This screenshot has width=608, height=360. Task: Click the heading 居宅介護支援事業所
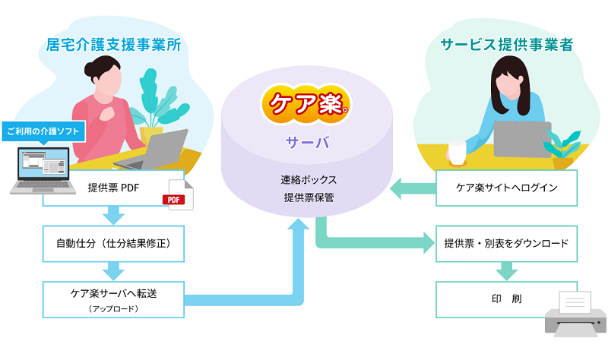[x=113, y=45]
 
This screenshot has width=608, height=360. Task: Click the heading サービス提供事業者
[x=507, y=45]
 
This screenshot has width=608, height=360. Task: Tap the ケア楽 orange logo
[x=306, y=104]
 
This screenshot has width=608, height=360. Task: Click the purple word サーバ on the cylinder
[x=307, y=143]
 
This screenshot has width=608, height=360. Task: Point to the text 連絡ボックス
[x=309, y=180]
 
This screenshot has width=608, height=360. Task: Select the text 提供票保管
[x=309, y=197]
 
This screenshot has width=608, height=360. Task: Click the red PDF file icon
[x=179, y=195]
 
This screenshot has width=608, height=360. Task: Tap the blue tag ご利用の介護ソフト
[x=43, y=131]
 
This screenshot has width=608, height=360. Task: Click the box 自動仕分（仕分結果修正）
[x=113, y=244]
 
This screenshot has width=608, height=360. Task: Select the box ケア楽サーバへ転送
[x=113, y=299]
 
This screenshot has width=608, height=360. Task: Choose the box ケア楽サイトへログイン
[x=506, y=188]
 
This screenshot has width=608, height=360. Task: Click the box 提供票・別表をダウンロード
[x=506, y=244]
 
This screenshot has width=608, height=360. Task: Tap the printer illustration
[x=575, y=314]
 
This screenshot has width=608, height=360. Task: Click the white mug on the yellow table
[x=458, y=153]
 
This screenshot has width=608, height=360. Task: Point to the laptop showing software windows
[x=43, y=170]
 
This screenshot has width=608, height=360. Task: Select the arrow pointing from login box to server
[x=413, y=188]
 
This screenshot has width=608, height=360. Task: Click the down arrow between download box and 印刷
[x=506, y=271]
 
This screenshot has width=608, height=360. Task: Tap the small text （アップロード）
[x=113, y=309]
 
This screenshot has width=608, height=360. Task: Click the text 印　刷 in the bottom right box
[x=506, y=298]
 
